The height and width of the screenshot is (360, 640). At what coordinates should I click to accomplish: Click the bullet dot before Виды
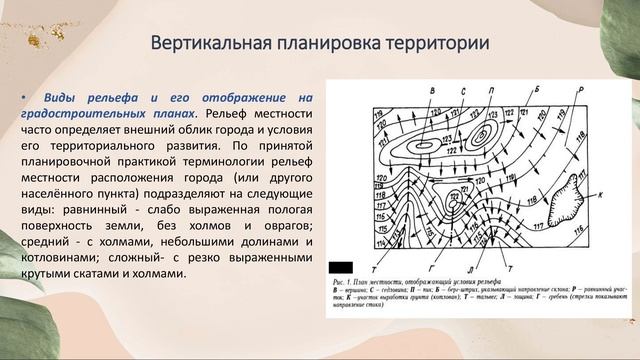point(24,97)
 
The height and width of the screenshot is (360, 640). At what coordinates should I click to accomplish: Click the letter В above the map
point(432,91)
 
